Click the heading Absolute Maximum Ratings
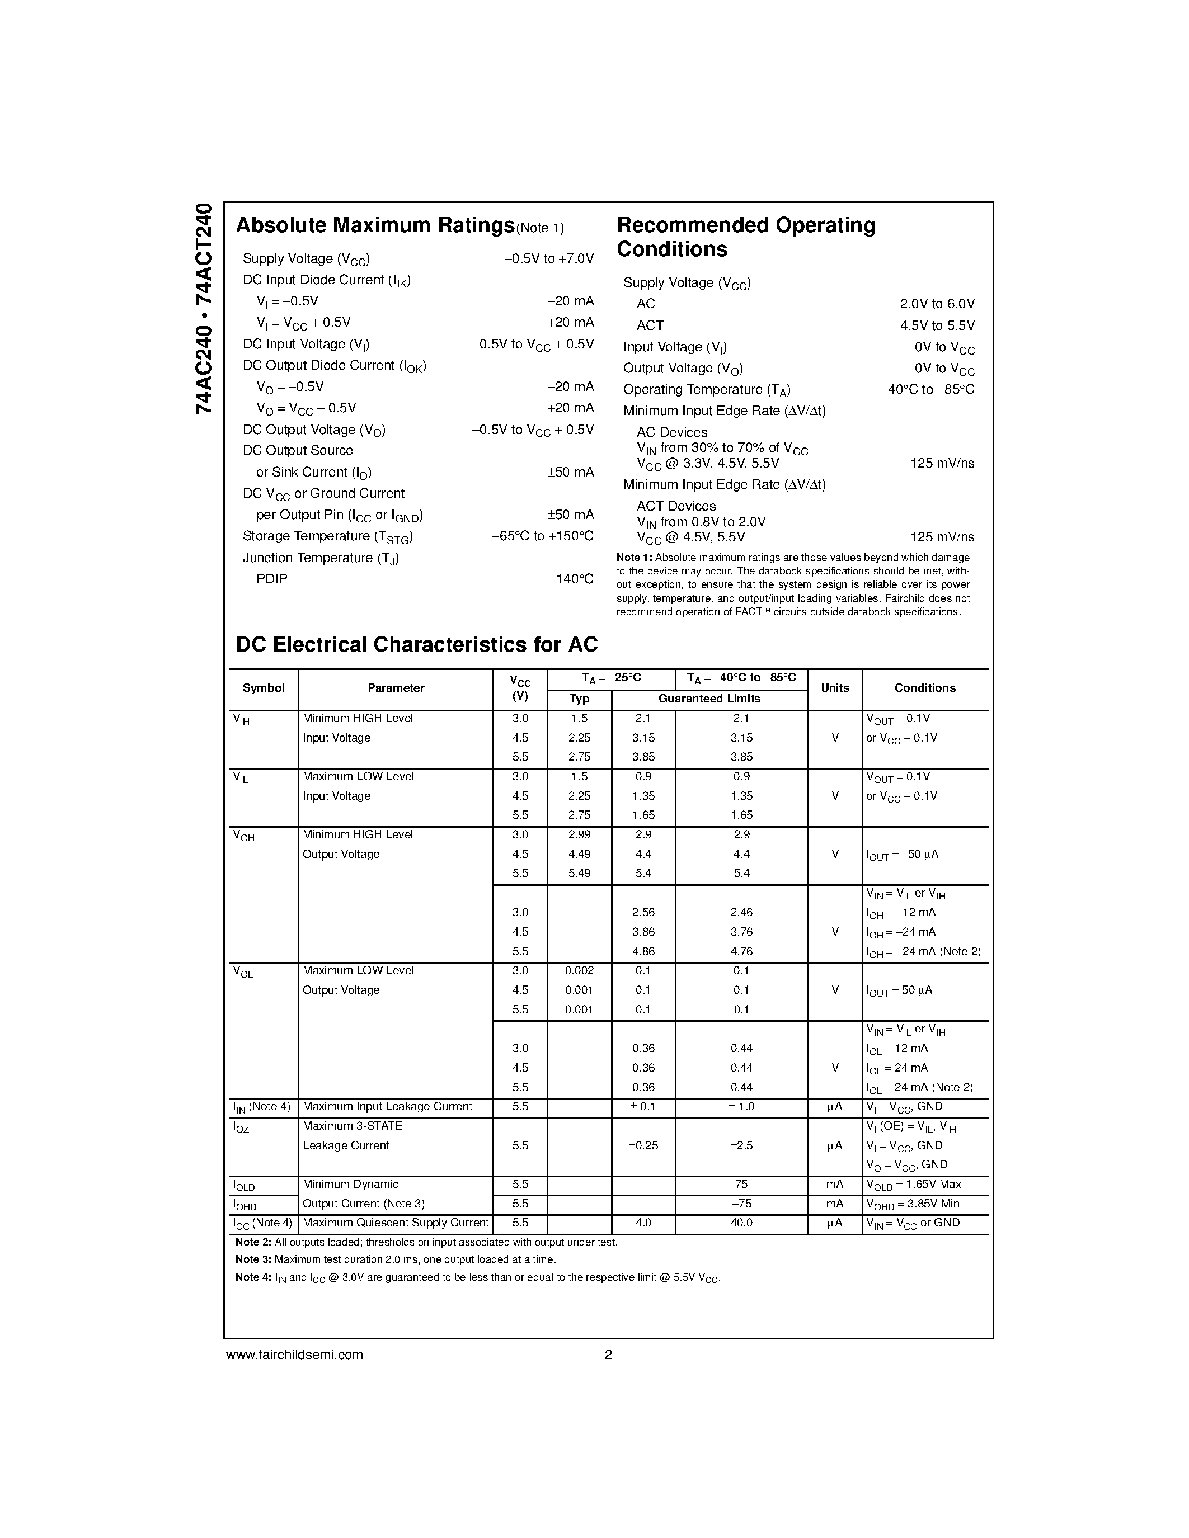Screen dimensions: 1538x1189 (375, 225)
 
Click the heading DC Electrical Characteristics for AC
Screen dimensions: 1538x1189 (416, 644)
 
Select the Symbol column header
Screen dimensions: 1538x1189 (264, 688)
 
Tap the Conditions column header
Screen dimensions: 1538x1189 (924, 688)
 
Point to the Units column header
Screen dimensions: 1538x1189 (835, 688)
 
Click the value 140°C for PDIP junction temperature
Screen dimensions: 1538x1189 (574, 579)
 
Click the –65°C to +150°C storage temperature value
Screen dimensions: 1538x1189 (542, 536)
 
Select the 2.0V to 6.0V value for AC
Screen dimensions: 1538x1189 (937, 304)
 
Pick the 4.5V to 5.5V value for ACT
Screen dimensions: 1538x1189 (937, 325)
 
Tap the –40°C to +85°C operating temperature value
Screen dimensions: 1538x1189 (927, 389)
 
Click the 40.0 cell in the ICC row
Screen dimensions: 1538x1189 (741, 1223)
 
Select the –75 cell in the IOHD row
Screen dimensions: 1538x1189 (741, 1204)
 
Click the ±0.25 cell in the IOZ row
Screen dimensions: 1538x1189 (643, 1146)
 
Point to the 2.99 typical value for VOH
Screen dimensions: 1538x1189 (579, 834)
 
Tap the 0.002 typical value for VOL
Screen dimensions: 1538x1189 (579, 970)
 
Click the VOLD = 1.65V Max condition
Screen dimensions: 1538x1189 (913, 1185)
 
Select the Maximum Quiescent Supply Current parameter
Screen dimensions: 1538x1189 (395, 1223)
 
